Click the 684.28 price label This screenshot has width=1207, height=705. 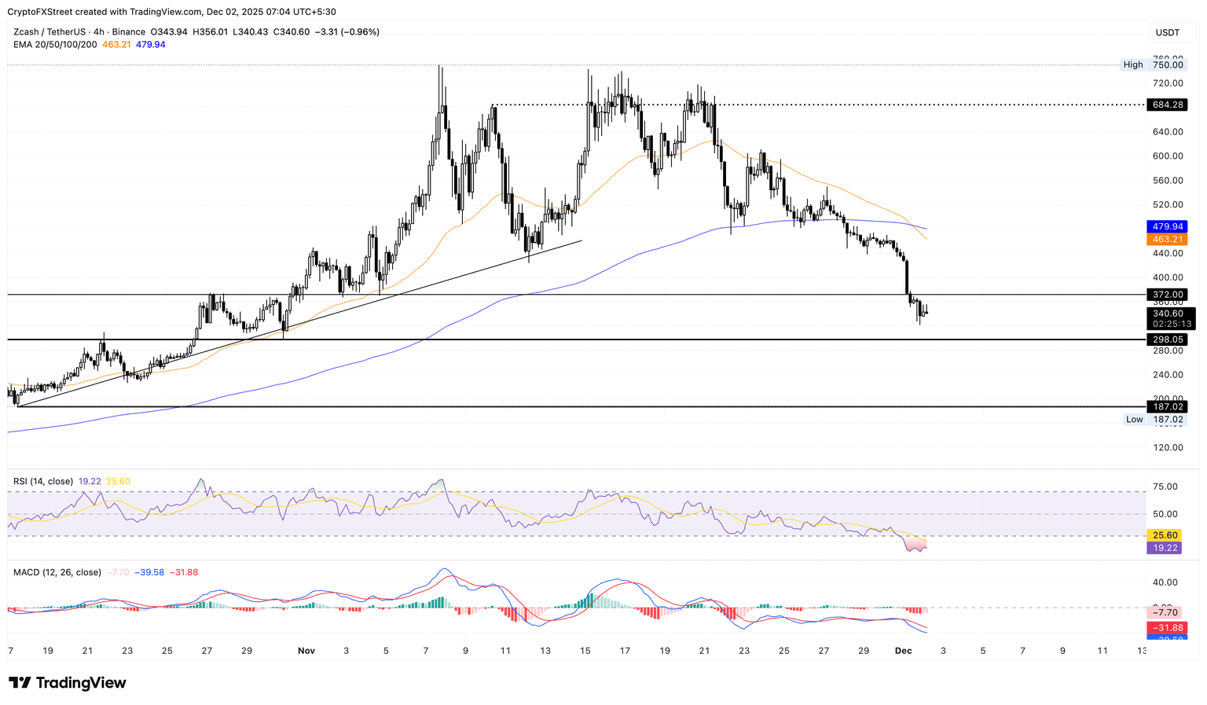point(1167,105)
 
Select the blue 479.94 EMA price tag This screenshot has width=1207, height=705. point(1167,226)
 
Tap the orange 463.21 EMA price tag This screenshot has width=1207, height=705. point(1167,239)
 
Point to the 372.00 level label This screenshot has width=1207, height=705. point(1167,295)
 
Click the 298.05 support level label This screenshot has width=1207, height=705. point(1167,340)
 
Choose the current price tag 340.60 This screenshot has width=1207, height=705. point(1167,313)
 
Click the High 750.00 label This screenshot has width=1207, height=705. point(1154,64)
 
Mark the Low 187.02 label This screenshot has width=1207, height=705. point(1154,420)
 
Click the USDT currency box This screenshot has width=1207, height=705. point(1167,32)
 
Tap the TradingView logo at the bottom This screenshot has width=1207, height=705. point(68,683)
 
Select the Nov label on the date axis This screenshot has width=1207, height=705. point(306,651)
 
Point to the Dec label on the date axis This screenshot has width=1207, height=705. point(903,651)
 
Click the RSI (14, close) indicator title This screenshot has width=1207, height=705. point(43,481)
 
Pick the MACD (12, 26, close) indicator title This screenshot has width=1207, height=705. point(57,572)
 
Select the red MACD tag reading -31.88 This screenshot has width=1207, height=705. point(1167,627)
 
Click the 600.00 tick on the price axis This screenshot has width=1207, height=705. point(1167,156)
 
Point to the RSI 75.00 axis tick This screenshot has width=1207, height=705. point(1165,487)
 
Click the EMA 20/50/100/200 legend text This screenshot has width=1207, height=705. point(55,45)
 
